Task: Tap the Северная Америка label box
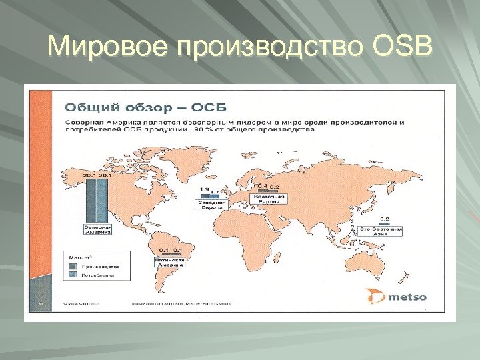tap(97, 229)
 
